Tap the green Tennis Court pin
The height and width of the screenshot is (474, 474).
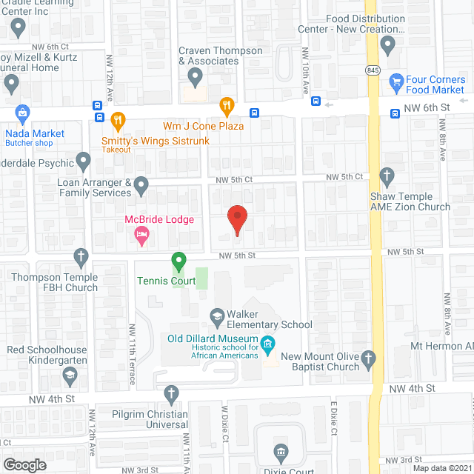[178, 261]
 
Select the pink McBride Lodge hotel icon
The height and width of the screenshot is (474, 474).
[141, 235]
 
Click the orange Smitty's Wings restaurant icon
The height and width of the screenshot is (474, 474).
[117, 119]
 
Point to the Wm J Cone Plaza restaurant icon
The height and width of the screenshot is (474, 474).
[227, 107]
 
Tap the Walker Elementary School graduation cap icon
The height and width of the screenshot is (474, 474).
[217, 315]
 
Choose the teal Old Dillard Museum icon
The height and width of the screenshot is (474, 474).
[269, 343]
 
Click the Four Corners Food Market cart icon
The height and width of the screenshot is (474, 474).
[397, 81]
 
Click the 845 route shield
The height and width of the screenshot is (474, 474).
[373, 69]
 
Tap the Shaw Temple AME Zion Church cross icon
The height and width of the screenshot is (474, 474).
[386, 176]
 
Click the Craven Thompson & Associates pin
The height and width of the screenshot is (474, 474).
[196, 75]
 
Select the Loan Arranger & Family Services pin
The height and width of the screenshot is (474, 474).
[141, 183]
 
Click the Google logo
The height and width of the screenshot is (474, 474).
[24, 464]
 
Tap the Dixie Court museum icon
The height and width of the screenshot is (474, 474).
[280, 451]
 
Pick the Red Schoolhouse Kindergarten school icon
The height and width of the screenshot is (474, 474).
[69, 375]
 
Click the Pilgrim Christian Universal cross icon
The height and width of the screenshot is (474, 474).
[171, 394]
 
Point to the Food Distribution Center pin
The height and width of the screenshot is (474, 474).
[387, 45]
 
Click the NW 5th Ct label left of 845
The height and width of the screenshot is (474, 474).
[347, 176]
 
